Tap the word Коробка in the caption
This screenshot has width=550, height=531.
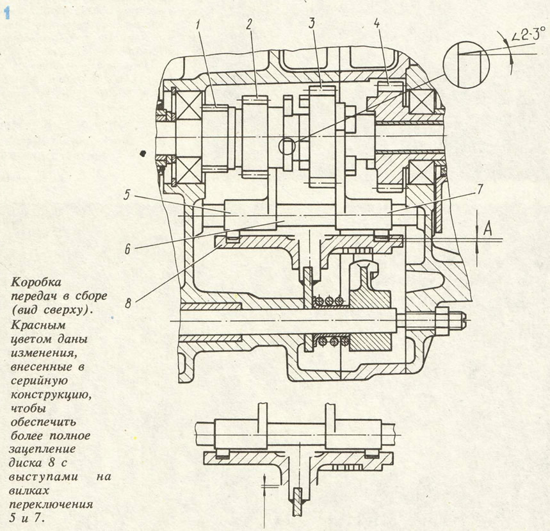(31, 282)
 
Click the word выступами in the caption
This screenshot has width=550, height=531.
(40, 477)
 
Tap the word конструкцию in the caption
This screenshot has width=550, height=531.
(47, 394)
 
